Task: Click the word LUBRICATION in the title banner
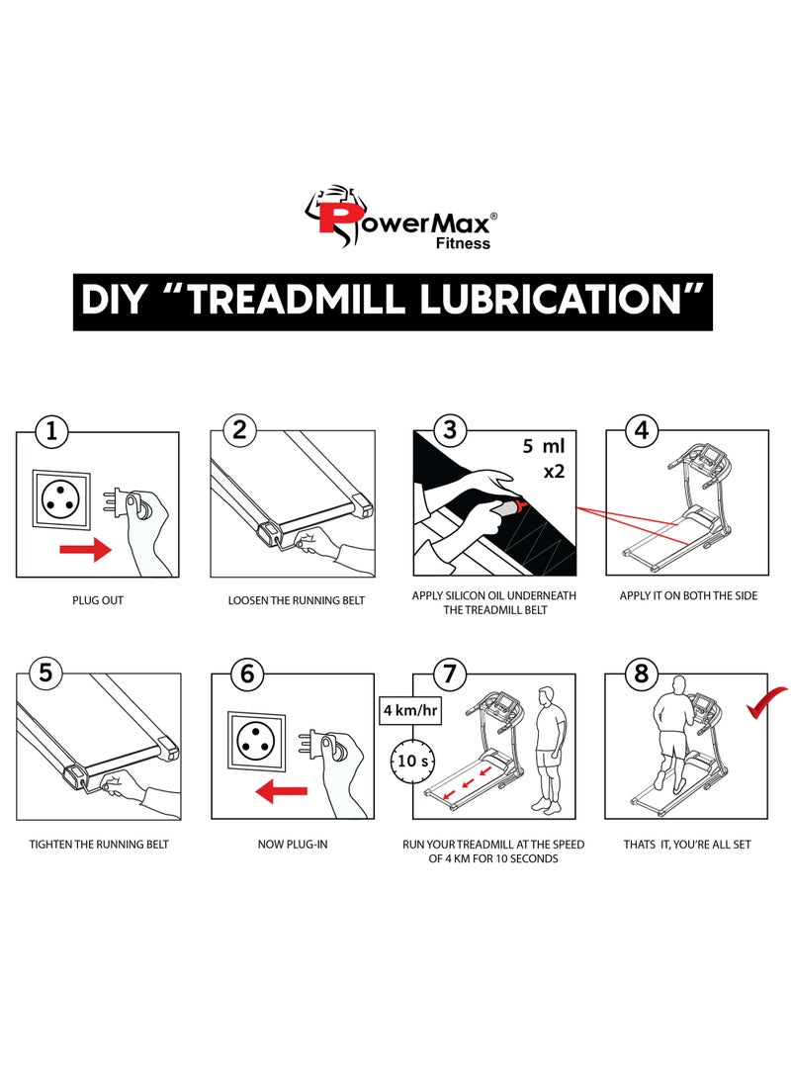[566, 301]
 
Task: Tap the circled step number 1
[52, 431]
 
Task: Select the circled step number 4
[642, 431]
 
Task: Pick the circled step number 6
[247, 674]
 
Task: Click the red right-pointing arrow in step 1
[86, 551]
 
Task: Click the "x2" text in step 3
[553, 472]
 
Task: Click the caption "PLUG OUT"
[98, 600]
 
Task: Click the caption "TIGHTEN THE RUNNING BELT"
[99, 844]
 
